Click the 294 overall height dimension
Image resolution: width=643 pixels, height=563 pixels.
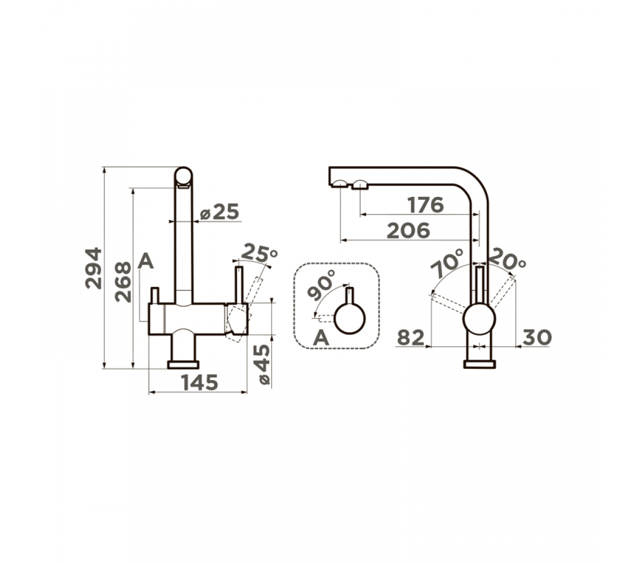click(93, 268)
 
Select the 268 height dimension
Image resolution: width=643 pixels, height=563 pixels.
click(123, 282)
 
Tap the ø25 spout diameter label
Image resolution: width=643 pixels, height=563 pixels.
click(219, 212)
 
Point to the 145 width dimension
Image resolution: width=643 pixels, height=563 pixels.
click(200, 382)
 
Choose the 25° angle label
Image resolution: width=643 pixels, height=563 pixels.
click(260, 253)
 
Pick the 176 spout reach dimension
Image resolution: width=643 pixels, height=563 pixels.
click(425, 205)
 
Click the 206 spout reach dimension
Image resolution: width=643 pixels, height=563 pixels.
click(408, 231)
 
